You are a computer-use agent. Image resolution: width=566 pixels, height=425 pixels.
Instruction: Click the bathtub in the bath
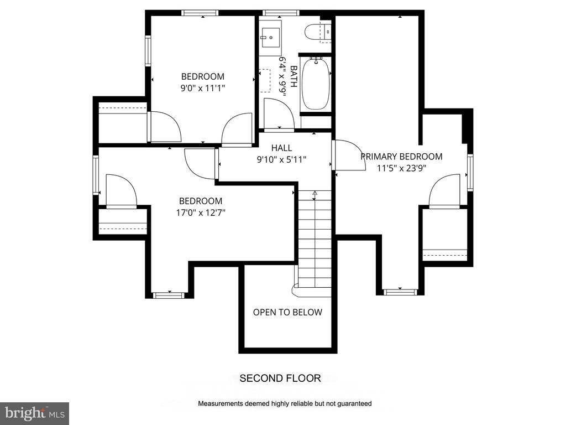point(316,84)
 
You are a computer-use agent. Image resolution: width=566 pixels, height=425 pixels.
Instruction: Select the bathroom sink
point(270,38)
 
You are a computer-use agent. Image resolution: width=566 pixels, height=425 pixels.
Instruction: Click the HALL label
point(281,148)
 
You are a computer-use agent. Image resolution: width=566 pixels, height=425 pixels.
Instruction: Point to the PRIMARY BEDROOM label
point(401,157)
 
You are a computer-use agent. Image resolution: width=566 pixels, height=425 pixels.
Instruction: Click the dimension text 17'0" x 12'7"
point(201,212)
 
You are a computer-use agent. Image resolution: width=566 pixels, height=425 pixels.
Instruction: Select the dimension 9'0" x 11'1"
point(203,88)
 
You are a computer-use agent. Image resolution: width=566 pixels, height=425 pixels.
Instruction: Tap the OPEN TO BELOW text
point(287,312)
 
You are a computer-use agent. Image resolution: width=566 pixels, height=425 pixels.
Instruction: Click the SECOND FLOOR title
point(280,379)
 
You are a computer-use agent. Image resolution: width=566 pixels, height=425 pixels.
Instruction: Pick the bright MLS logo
point(35,413)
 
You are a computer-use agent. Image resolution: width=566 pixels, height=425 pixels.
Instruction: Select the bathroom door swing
point(279,113)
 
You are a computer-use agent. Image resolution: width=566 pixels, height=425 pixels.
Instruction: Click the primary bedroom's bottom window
point(400,292)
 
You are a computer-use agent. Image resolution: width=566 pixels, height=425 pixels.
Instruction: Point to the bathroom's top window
point(281,13)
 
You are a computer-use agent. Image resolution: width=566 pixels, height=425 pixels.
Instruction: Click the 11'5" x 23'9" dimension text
point(402,168)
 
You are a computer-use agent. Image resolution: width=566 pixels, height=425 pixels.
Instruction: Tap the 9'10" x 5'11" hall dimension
point(281,159)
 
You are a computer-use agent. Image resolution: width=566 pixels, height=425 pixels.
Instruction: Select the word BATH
point(294,76)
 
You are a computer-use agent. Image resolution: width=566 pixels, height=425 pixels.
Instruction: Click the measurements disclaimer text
point(285,403)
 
